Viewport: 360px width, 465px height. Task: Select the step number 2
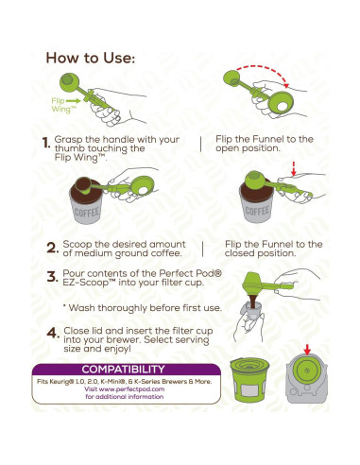[x=51, y=250]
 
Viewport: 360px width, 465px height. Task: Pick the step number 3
[x=51, y=279]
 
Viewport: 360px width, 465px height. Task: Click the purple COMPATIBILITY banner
[x=123, y=369]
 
